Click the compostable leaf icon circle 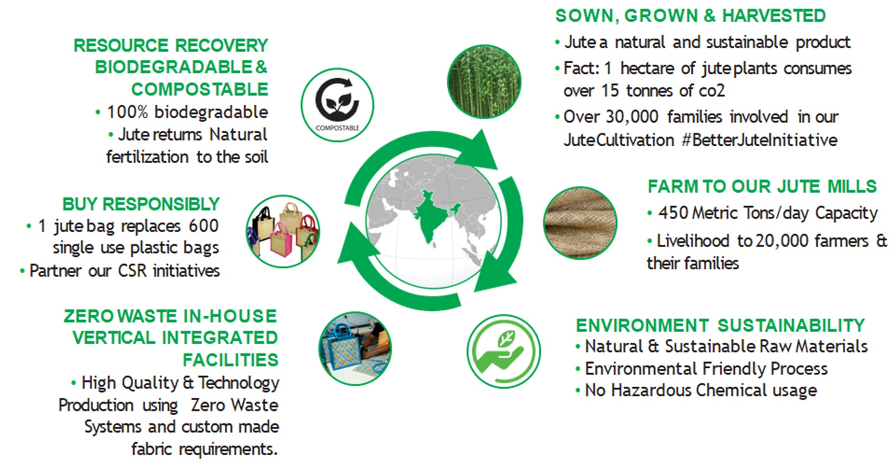337,105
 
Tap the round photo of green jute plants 484,82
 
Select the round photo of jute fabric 580,223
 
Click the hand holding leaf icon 503,352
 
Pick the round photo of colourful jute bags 283,232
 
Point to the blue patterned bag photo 355,348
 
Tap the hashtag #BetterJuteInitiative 759,140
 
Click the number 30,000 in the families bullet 632,117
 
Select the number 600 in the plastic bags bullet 203,226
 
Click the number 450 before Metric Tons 673,213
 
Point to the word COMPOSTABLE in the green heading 200,89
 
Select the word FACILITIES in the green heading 230,360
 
